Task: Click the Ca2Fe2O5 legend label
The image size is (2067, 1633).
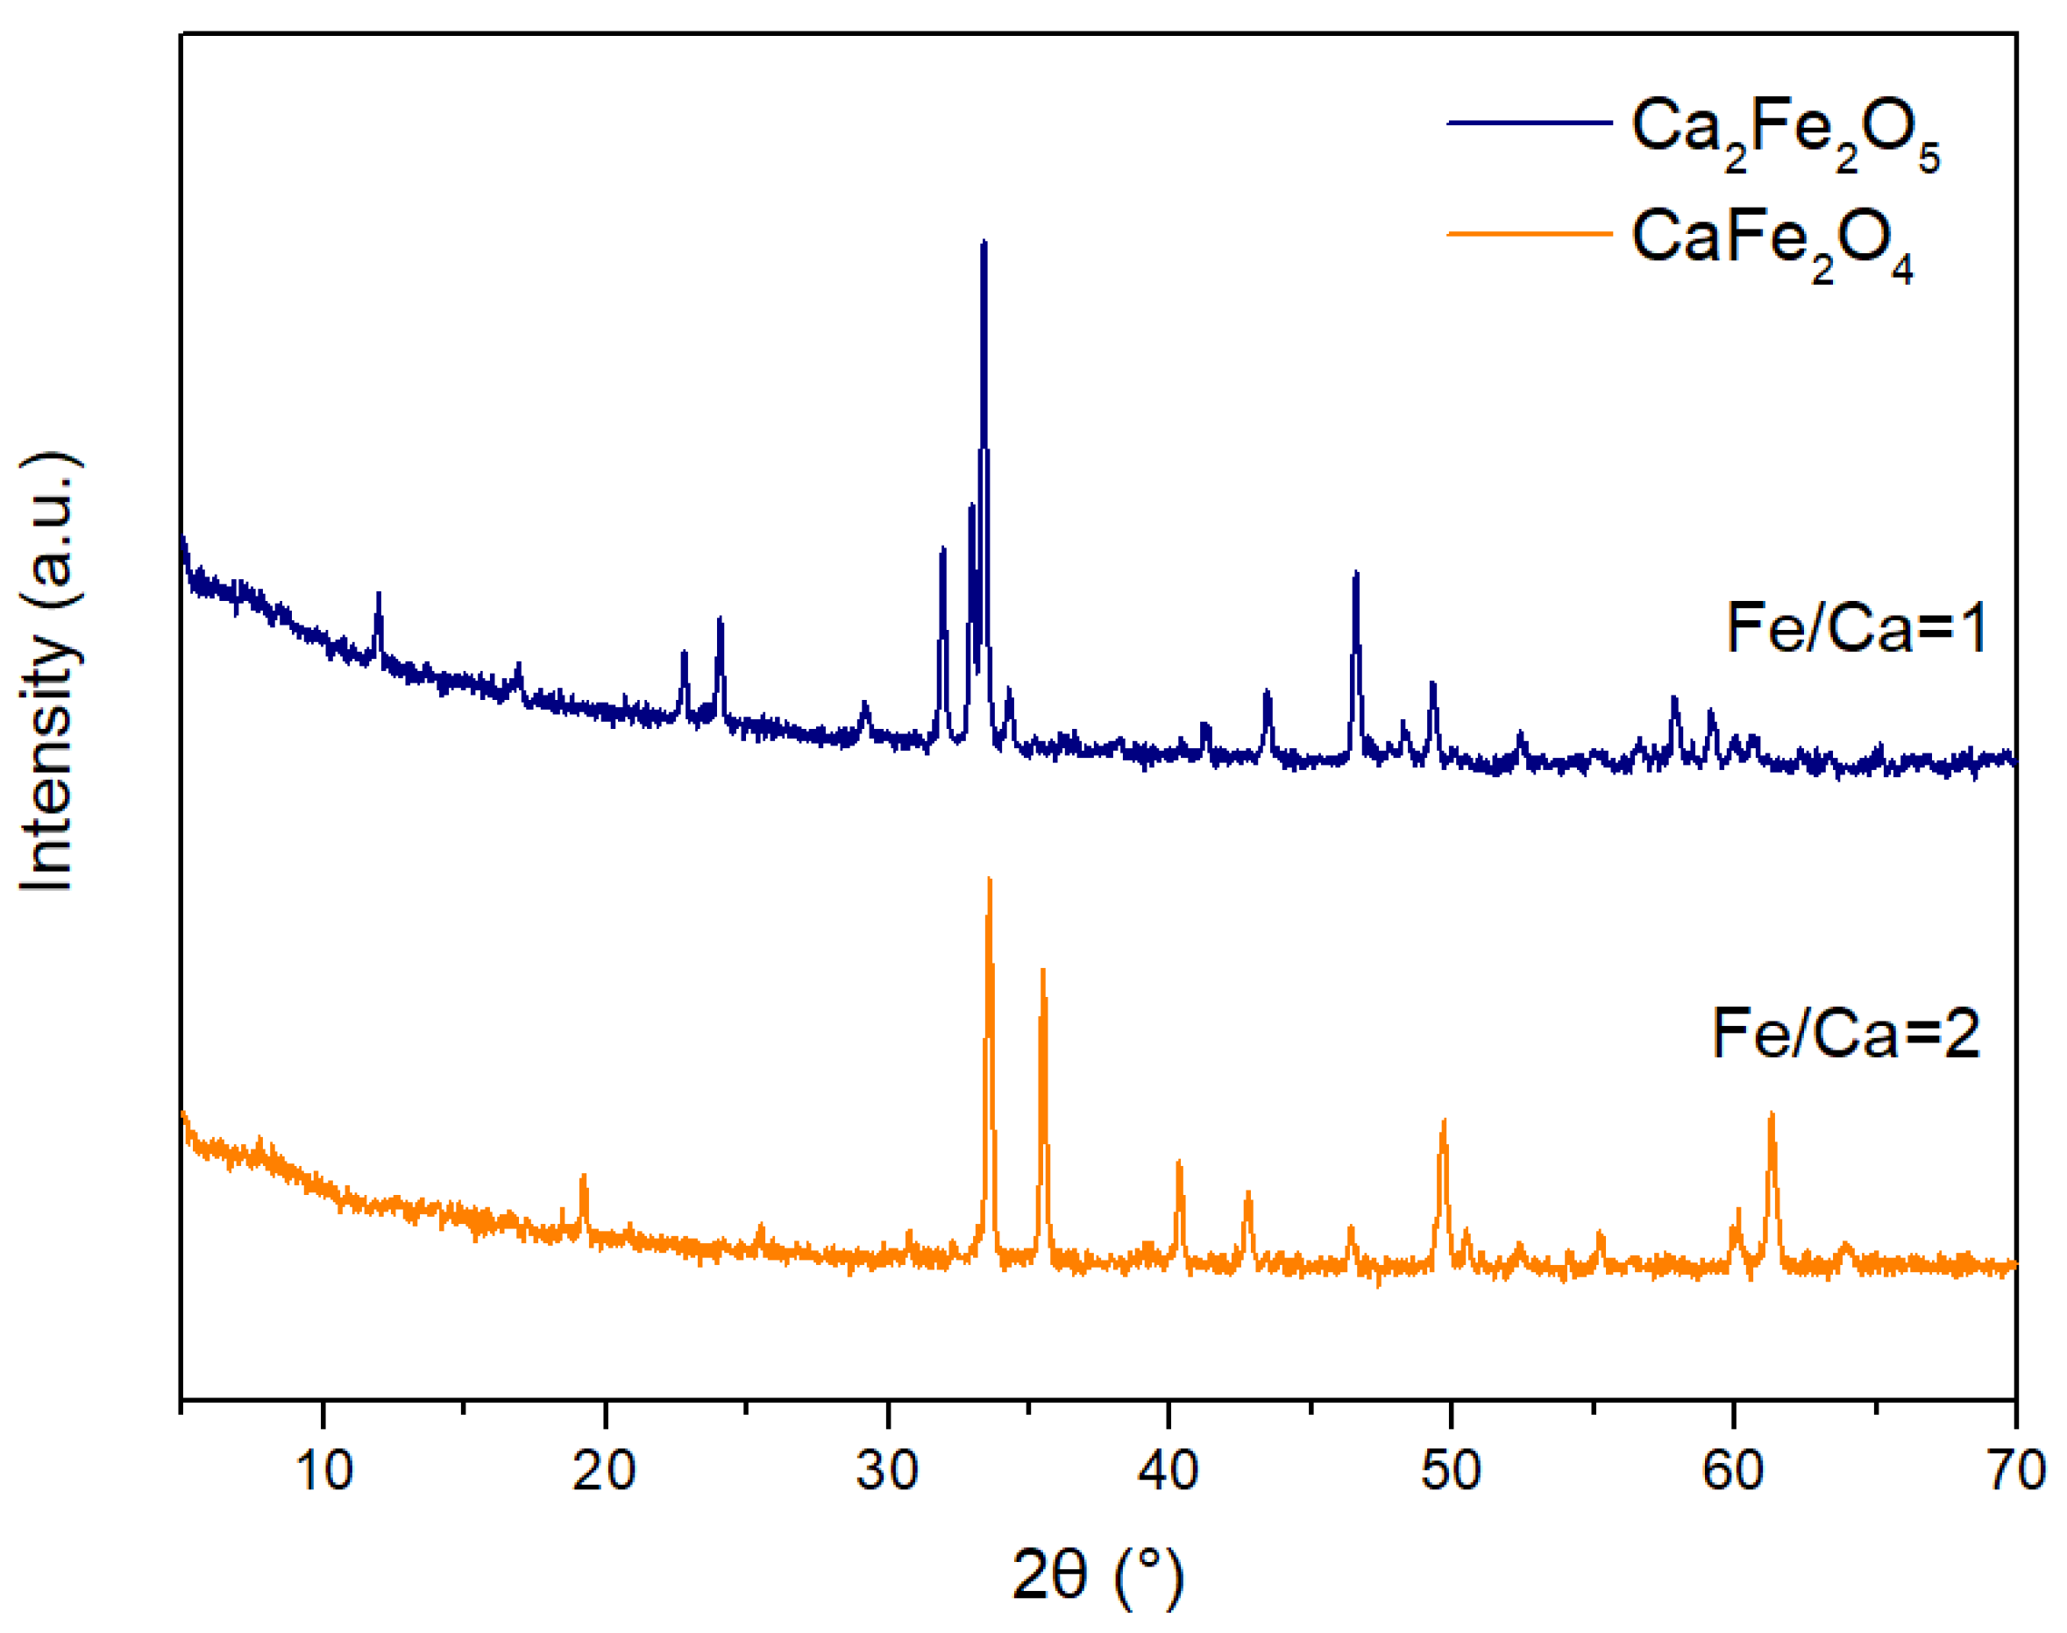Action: point(1785,134)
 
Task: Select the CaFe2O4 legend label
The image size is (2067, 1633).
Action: point(1772,244)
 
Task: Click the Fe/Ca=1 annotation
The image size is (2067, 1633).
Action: point(1857,628)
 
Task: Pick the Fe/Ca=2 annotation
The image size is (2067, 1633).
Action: point(1846,1034)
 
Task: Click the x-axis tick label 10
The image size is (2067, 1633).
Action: point(323,1469)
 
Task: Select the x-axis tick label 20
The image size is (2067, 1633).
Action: point(605,1469)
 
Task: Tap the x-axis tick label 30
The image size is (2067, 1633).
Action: point(888,1469)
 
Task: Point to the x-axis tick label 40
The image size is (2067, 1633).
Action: point(1168,1469)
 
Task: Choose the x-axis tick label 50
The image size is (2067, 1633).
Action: point(1451,1469)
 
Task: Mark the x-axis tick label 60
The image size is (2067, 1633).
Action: point(1732,1469)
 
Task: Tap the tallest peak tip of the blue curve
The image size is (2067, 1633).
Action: point(984,243)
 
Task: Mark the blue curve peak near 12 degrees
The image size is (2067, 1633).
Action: point(379,594)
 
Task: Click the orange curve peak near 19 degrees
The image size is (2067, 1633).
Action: point(584,1176)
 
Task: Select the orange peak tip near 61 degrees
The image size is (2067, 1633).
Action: point(1772,1113)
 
